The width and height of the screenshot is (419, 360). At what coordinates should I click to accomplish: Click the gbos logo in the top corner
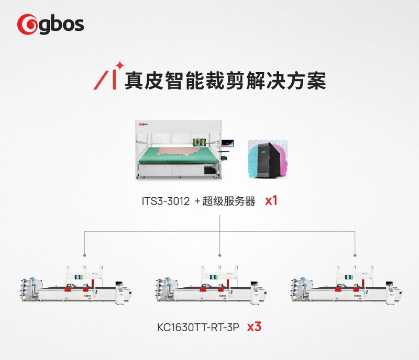coord(50,24)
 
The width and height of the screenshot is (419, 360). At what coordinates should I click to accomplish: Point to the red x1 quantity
coord(271,200)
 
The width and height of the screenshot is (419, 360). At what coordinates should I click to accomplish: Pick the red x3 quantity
coord(254,328)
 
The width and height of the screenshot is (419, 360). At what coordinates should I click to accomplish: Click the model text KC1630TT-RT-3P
coord(199,328)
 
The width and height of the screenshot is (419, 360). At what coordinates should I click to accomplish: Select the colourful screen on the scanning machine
coord(200,142)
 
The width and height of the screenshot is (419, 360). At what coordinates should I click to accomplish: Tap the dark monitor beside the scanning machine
coord(229,142)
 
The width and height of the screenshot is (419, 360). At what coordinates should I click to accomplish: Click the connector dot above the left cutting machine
coord(84,255)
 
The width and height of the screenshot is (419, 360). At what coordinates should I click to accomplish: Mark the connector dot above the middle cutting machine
coord(220,255)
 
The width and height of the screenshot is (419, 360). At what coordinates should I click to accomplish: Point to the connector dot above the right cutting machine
coord(355,255)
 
